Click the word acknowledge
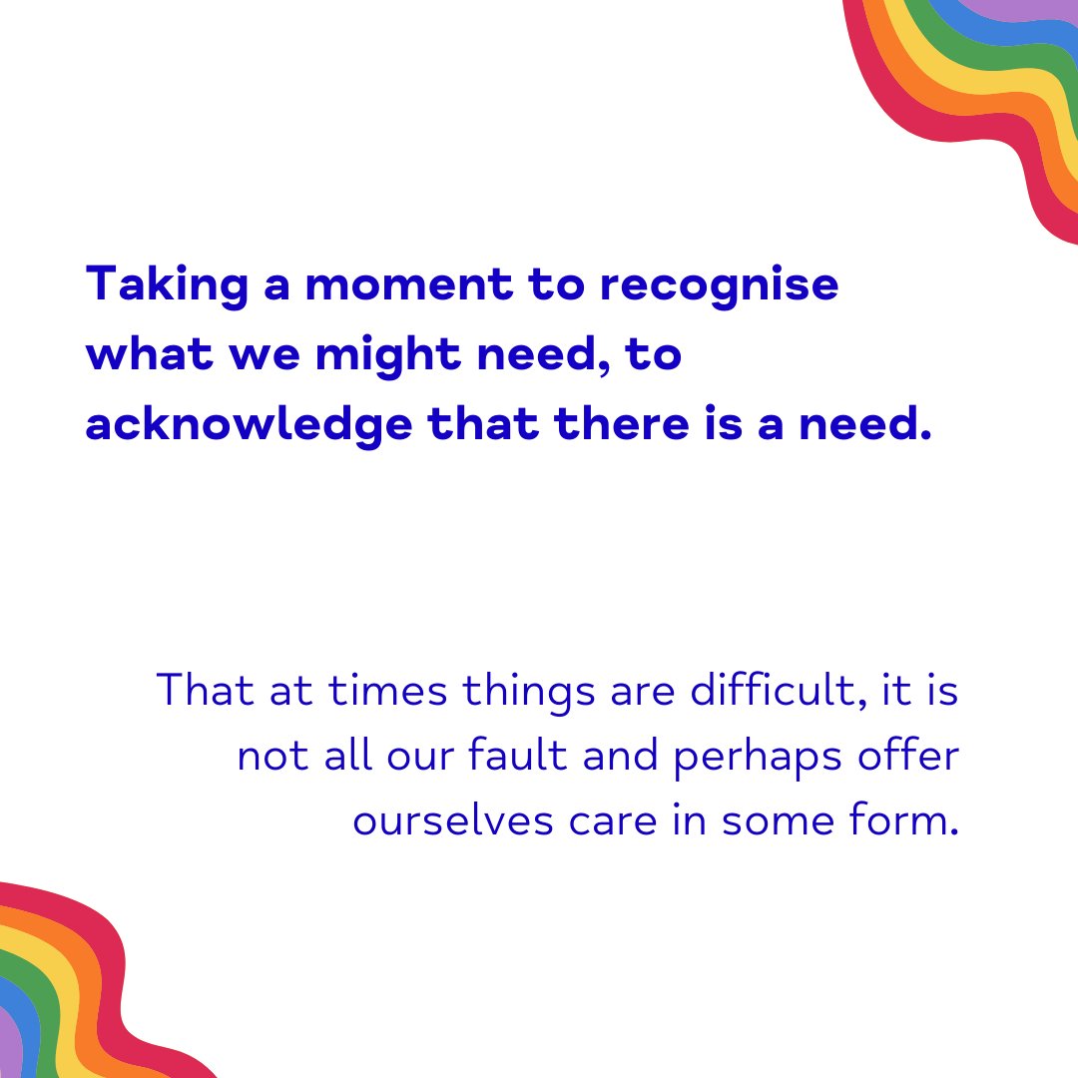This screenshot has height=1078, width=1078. point(249,425)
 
